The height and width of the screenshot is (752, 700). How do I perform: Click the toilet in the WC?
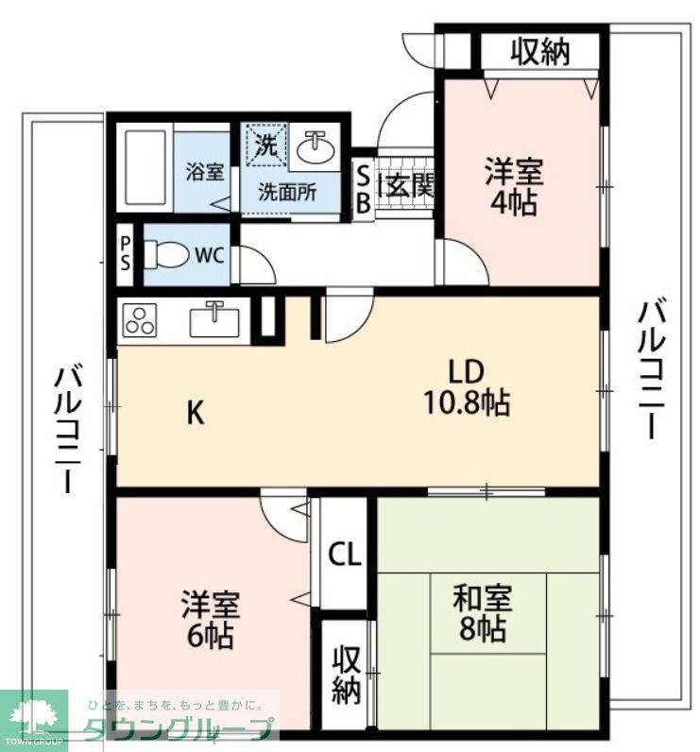[x=166, y=254]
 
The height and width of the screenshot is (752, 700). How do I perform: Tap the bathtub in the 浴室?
[x=145, y=167]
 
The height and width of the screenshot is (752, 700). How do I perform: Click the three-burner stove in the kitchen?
[x=140, y=321]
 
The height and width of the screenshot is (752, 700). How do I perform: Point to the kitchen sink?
[x=214, y=320]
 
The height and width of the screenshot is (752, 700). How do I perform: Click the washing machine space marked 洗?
[x=266, y=145]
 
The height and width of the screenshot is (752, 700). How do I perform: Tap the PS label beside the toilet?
[x=125, y=254]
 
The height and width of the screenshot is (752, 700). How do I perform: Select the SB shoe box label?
[x=364, y=190]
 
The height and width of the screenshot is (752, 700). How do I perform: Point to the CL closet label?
[x=344, y=555]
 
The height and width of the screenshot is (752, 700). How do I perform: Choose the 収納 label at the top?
[x=539, y=52]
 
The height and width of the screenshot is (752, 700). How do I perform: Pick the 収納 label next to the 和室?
[x=346, y=675]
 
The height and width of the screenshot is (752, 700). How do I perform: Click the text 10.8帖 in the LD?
[x=466, y=402]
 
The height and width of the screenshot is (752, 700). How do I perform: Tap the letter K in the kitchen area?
[x=196, y=412]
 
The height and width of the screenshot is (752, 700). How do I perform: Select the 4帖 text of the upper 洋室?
[x=514, y=204]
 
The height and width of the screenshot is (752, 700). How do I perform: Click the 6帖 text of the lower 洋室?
[x=211, y=636]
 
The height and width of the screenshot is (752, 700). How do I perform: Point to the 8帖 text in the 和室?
[x=483, y=628]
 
